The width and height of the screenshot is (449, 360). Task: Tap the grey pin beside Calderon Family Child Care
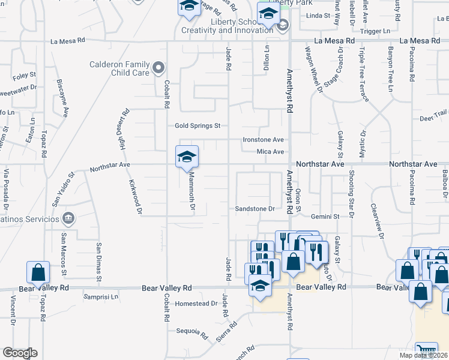point(158,67)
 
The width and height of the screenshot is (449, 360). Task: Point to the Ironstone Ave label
point(263,139)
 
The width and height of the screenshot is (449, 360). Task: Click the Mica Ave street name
point(270,152)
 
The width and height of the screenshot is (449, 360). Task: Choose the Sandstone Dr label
point(254,209)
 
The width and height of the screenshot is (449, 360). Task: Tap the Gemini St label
point(325,215)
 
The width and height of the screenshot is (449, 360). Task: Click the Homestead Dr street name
point(196,304)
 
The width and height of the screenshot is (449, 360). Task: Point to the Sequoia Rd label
point(191,331)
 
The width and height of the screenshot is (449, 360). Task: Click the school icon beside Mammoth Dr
point(187,157)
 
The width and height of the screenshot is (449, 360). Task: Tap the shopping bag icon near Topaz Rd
point(38,272)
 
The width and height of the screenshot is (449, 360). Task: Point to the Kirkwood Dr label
point(134,196)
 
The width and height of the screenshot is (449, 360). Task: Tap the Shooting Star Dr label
point(351,194)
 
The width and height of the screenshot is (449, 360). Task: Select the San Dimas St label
point(98,261)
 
